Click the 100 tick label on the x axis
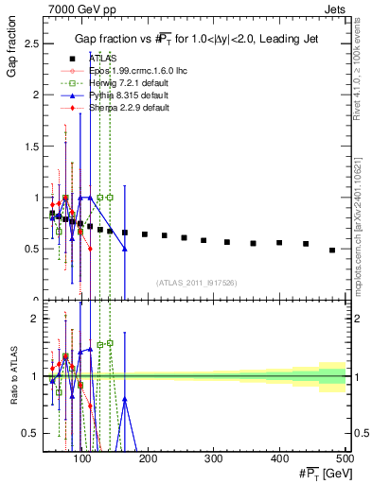(83, 458)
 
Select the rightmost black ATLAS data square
(332, 250)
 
